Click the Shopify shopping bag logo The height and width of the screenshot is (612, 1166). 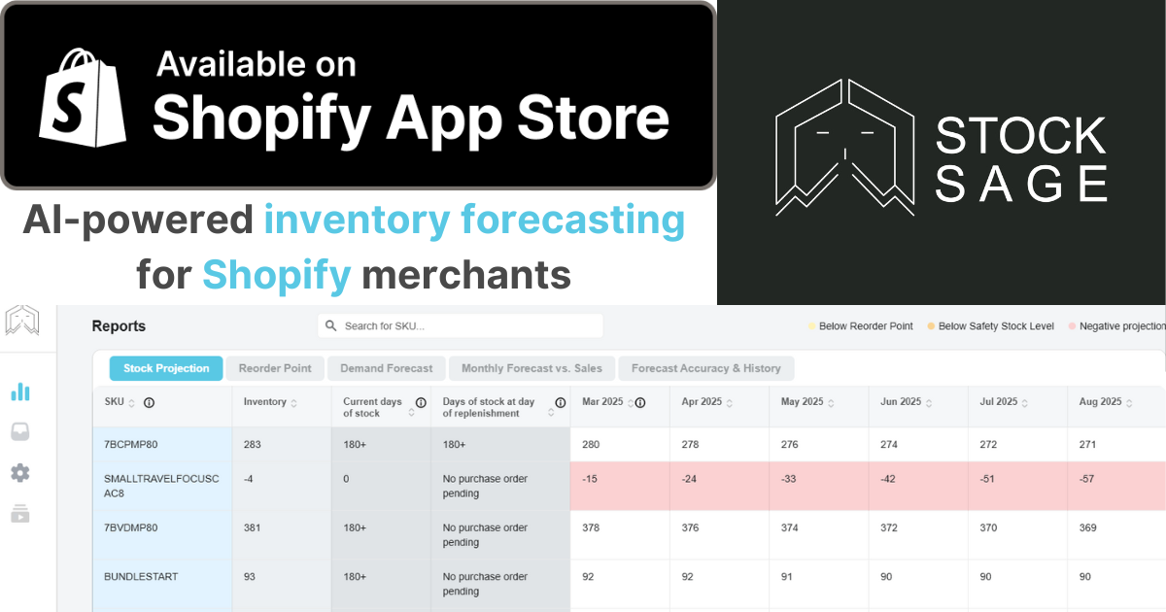(83, 98)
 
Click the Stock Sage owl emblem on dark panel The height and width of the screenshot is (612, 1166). (844, 147)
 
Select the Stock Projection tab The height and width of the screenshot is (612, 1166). (166, 368)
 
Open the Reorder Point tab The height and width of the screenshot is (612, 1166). (275, 368)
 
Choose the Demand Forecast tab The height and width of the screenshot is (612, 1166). (387, 368)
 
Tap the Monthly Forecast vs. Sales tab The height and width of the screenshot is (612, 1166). (532, 368)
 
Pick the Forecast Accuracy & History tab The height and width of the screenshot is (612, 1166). (705, 368)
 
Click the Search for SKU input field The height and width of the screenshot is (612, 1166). (461, 325)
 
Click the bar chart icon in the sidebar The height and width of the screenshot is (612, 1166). (20, 391)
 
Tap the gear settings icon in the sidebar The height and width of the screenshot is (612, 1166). (20, 473)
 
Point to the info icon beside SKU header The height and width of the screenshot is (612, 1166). (149, 403)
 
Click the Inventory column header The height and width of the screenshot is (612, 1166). (265, 402)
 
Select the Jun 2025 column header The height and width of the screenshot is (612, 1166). (901, 402)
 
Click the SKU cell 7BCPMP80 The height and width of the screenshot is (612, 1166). (130, 445)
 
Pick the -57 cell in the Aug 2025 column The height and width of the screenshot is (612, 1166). (1086, 479)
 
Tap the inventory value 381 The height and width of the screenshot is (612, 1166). (252, 527)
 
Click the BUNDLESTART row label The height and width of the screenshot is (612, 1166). (141, 577)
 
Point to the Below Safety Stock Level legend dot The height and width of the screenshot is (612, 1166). (931, 326)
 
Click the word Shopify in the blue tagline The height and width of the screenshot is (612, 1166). (276, 275)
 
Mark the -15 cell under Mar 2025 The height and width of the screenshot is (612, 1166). (590, 479)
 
